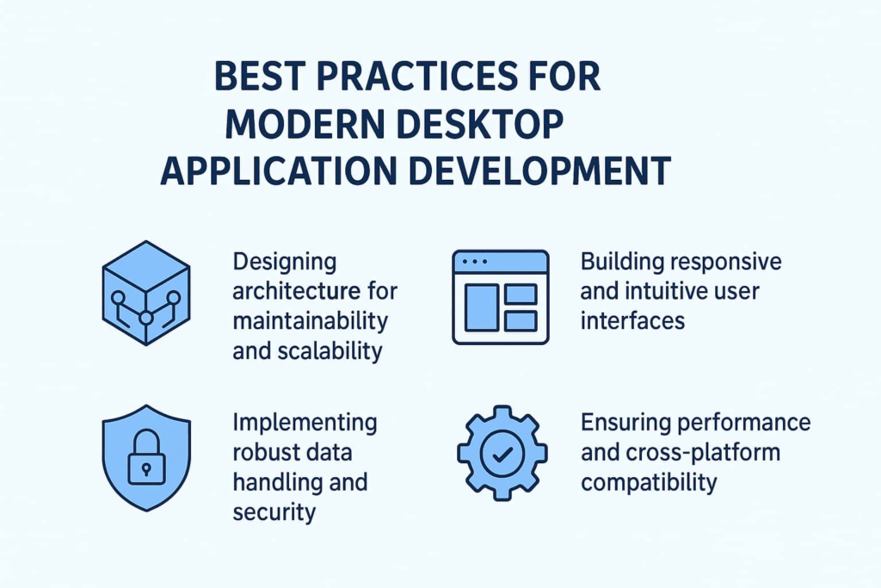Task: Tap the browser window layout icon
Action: point(500,297)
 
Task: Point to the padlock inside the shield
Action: point(145,462)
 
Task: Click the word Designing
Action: point(284,262)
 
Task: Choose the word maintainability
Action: point(310,321)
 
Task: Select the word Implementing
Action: point(304,423)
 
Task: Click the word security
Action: point(274,512)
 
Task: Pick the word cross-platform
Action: point(693,452)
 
